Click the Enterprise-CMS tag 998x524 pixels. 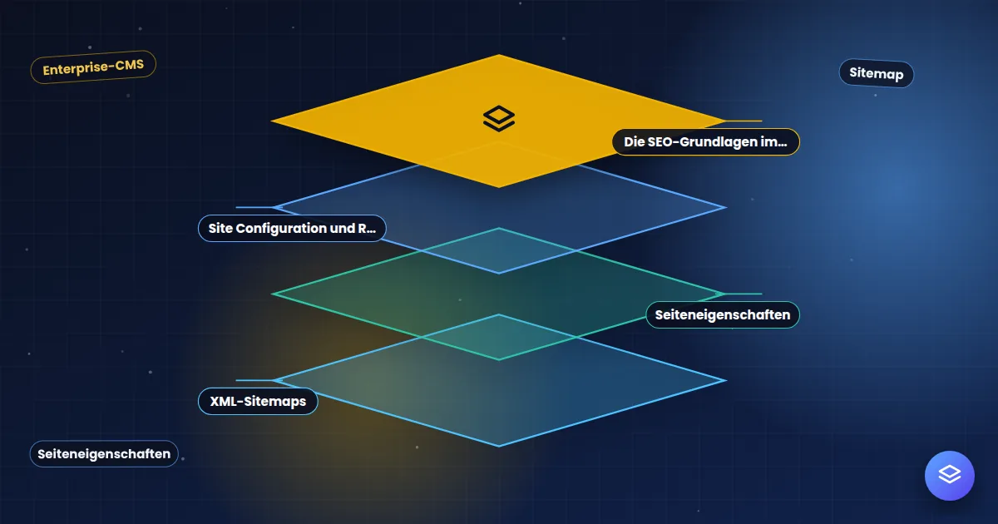pos(93,67)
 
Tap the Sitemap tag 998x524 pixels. pos(877,73)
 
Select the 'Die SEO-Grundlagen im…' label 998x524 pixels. pos(706,141)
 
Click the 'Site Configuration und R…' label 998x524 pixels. pos(292,228)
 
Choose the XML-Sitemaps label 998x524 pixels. pos(258,401)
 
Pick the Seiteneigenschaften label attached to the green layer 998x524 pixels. pos(723,314)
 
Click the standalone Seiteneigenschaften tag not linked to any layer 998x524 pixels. pos(104,453)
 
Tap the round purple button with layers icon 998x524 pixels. pos(950,476)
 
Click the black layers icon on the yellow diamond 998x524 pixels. pos(499,118)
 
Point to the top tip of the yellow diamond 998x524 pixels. pos(499,55)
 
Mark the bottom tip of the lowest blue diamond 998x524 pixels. pos(499,446)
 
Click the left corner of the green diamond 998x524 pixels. pos(272,294)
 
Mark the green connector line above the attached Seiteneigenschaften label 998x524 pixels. pos(741,294)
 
